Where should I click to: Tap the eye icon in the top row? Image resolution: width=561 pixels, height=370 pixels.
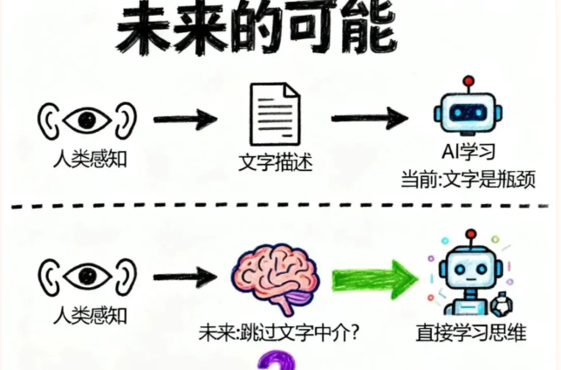[87, 119]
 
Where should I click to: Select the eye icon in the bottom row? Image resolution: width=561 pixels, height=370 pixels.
[87, 276]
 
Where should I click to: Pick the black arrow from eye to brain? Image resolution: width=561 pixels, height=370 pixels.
[187, 277]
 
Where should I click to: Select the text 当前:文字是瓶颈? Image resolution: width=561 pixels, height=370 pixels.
[468, 179]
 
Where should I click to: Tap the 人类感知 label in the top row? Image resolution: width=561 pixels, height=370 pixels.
[87, 161]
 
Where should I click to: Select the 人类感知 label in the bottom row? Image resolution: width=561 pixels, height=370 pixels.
[87, 315]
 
